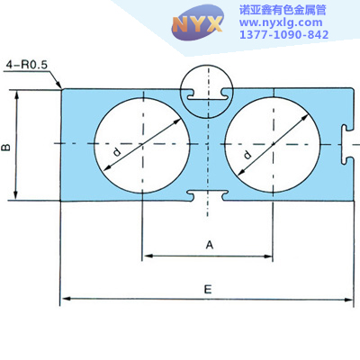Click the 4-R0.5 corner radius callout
pos(27,65)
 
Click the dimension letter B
pos(6,148)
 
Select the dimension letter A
pos(210,245)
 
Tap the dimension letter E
pos(208,290)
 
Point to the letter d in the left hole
pos(117,152)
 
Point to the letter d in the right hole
pos(247,155)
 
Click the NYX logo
pos(197,23)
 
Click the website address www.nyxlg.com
pos(281,22)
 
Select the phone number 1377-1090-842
pos(283,34)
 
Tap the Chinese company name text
pos(283,10)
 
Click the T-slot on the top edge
pos(207,94)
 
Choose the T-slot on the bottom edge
pos(207,195)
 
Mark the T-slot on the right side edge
pos(347,145)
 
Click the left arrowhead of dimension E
pos(66,299)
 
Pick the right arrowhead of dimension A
pos(267,256)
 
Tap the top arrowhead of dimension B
pos(17,95)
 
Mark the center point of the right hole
pos(273,144)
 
